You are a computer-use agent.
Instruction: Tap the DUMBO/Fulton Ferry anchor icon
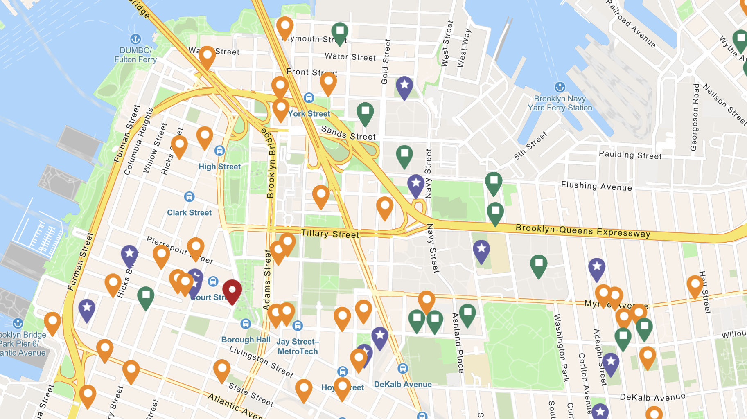pos(135,39)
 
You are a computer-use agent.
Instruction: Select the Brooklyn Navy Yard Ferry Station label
pos(560,103)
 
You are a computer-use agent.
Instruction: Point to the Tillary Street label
pos(330,234)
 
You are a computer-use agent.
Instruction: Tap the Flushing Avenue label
pos(596,186)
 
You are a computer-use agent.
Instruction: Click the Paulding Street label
pos(630,155)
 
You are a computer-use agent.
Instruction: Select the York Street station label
pos(309,114)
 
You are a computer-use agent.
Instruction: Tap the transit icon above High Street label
pos(219,151)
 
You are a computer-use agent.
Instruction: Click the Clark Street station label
pos(189,213)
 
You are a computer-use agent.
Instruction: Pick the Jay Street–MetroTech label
pos(298,347)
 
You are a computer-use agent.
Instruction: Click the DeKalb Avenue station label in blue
pos(403,384)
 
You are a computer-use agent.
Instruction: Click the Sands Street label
pos(348,133)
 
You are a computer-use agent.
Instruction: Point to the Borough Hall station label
pos(246,340)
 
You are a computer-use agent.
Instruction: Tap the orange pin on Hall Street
pos(695,285)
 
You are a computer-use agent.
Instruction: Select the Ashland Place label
pos(458,342)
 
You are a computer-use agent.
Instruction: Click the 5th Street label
pos(530,145)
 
